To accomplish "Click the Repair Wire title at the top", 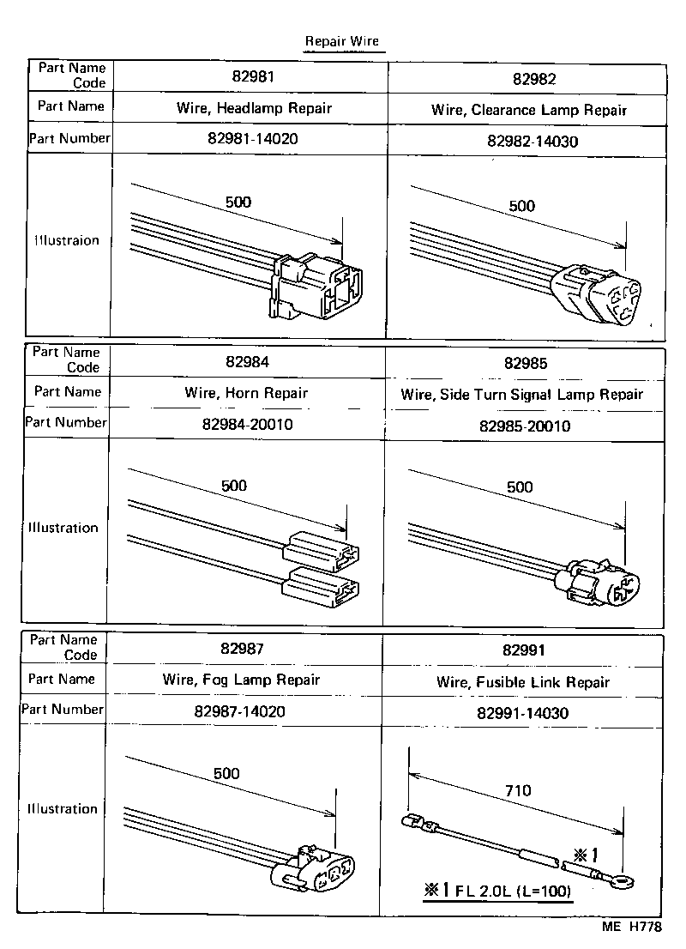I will pos(341,41).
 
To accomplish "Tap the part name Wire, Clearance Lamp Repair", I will pos(528,110).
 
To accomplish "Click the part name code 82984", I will pos(247,362).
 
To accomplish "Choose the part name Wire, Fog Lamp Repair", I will pos(241,680).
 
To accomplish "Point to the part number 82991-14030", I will pos(522,712).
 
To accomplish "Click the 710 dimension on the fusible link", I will pos(518,790).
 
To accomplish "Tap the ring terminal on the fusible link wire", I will pos(623,879).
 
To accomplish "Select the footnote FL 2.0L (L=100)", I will pos(497,891).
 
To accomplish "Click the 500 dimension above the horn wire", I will pos(234,486).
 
